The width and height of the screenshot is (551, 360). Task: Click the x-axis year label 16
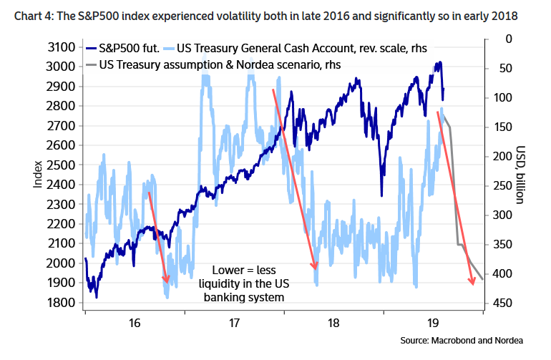point(135,323)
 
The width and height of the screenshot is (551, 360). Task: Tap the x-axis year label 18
point(333,323)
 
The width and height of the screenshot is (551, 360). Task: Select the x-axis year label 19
point(432,323)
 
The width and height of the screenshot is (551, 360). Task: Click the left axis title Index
point(38,174)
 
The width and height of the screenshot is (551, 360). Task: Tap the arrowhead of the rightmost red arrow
point(472,283)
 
